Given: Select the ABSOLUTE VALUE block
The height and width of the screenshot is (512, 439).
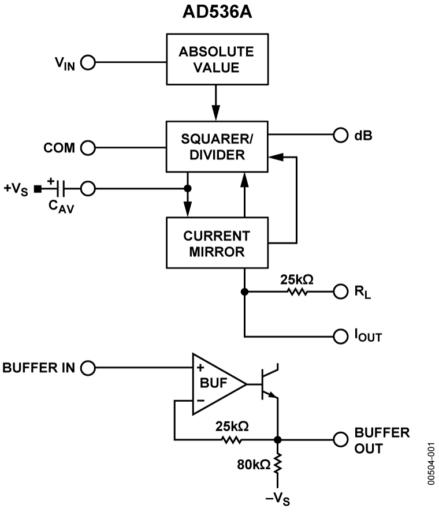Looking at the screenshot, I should tap(217, 59).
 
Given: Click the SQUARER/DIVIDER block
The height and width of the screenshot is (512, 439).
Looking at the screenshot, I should tap(217, 147).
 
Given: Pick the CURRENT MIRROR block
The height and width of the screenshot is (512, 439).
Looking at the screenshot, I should tap(217, 243).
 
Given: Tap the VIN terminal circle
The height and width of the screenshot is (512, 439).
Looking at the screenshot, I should tap(88, 62).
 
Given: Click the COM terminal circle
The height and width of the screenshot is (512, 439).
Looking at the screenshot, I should tap(88, 148).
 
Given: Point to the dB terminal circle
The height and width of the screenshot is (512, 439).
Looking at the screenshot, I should tap(341, 136).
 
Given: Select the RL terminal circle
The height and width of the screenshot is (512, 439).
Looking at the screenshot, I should tap(341, 291).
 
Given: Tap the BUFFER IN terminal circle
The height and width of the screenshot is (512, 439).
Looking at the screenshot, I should tap(88, 368).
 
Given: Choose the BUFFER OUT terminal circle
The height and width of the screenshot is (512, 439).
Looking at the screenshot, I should tap(341, 439).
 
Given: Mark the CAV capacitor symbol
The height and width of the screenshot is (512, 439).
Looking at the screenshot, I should tap(60, 188).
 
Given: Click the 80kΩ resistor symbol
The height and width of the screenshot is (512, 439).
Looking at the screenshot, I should tap(278, 464).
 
